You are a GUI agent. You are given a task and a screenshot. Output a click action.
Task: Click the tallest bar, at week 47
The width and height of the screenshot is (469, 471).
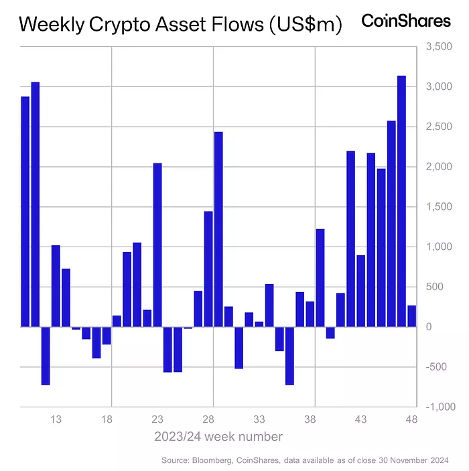point(401,201)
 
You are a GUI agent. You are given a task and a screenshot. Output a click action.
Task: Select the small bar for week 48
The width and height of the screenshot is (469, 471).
point(411,316)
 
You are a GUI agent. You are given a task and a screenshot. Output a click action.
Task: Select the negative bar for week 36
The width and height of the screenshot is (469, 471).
point(289,356)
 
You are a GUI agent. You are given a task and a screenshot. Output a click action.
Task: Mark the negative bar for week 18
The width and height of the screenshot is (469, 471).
point(107,336)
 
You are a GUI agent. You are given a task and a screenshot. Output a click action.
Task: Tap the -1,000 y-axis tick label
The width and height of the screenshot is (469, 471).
point(438,407)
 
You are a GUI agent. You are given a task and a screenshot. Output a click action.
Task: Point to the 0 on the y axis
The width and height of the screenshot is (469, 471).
point(429,327)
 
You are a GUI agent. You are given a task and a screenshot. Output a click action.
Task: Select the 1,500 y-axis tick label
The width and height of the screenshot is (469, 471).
point(440,207)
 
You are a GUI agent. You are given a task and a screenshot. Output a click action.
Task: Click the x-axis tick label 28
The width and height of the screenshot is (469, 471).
point(208,419)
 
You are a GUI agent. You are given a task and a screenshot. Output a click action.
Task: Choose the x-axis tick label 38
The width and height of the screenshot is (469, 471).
point(310,419)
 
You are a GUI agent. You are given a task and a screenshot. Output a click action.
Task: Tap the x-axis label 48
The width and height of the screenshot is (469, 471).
point(411,419)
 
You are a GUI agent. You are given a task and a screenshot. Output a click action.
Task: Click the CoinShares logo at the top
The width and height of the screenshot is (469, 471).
point(406,21)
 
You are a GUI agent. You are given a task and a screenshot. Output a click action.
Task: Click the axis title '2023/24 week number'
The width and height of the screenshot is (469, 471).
point(218,437)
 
